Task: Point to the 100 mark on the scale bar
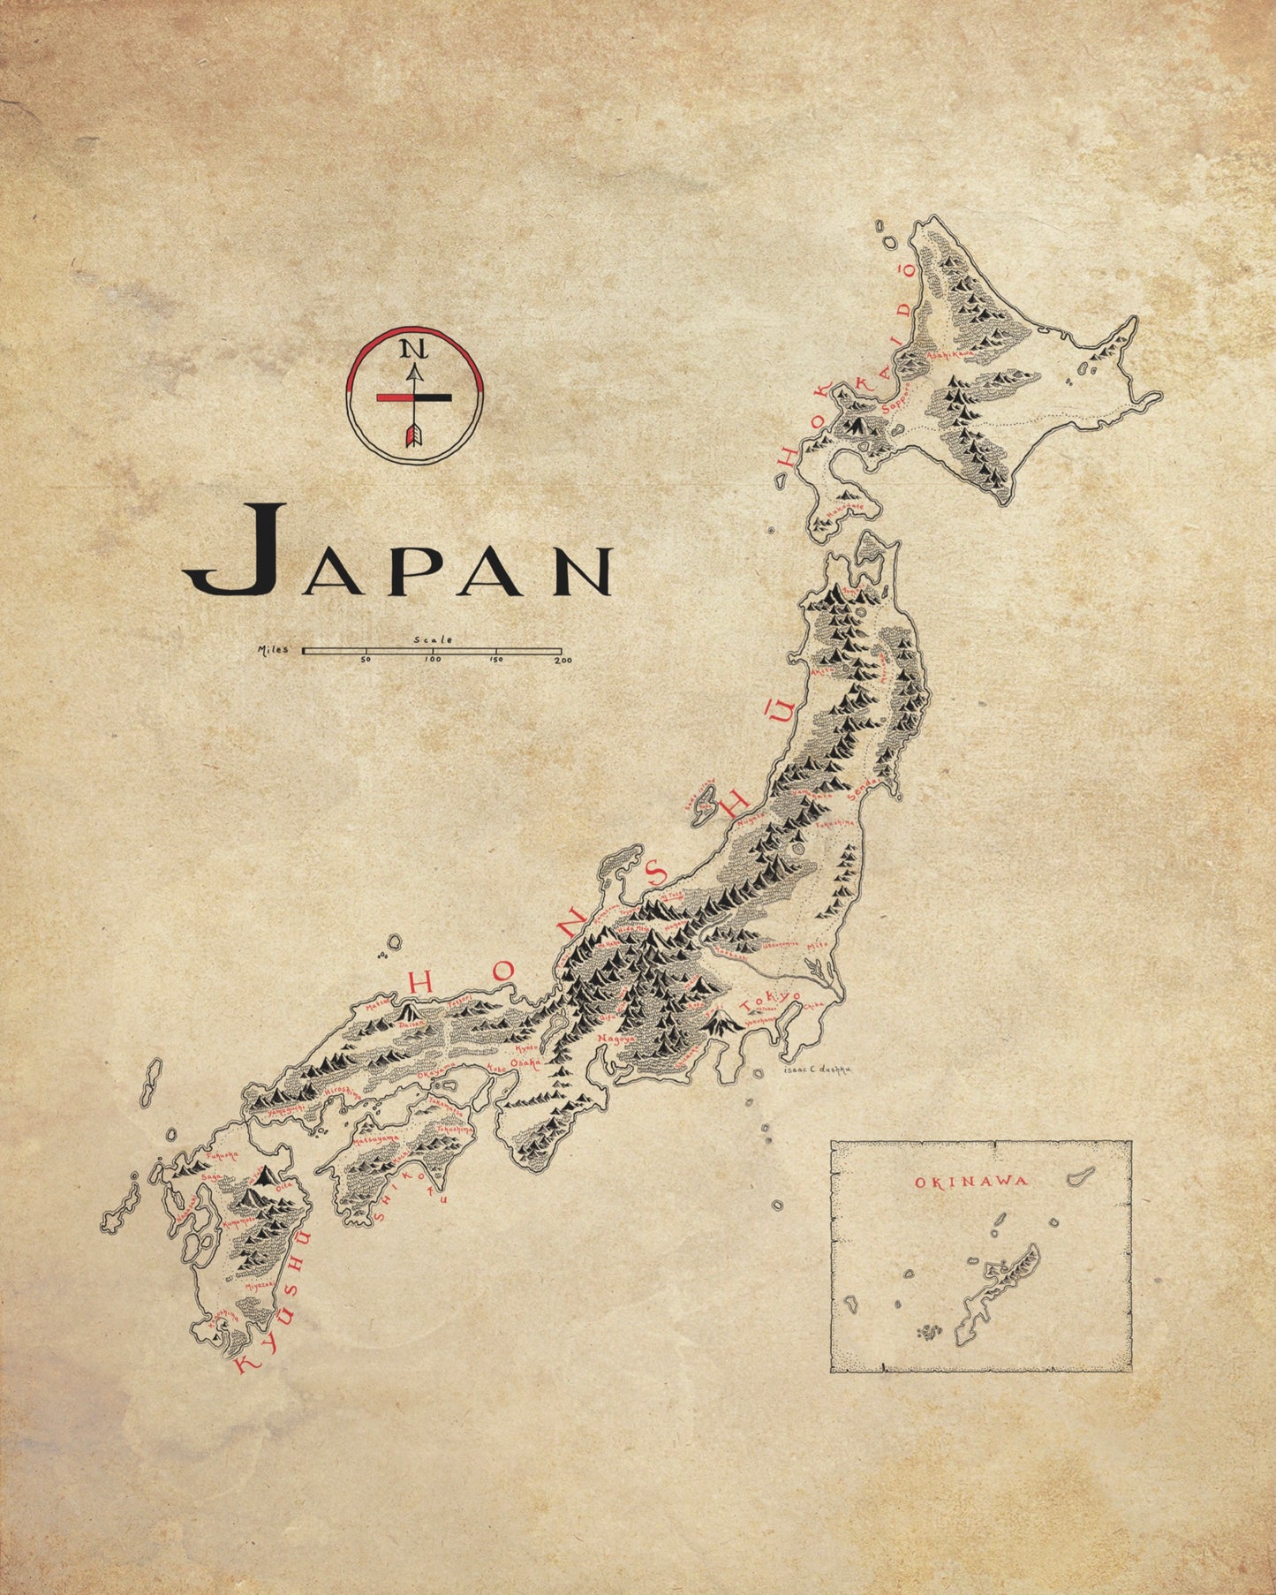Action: pyautogui.click(x=433, y=659)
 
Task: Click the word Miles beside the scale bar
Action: pyautogui.click(x=273, y=650)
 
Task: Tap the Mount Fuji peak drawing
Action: pyautogui.click(x=724, y=1023)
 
